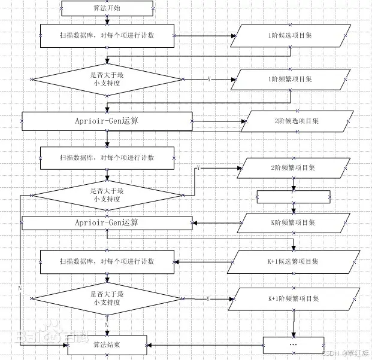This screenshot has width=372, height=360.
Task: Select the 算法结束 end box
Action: point(107,345)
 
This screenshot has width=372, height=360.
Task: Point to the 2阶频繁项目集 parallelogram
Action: point(294,168)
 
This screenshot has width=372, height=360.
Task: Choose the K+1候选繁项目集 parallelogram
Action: point(294,261)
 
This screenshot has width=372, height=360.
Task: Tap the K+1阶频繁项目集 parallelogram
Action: point(294,298)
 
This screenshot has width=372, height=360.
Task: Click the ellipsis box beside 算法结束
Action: point(294,345)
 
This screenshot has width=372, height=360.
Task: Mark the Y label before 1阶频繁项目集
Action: point(208,79)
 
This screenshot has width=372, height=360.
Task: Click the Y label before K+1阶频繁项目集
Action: point(208,298)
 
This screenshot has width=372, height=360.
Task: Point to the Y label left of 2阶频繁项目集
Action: point(198,168)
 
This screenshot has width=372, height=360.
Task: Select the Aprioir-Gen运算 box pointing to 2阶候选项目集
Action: point(107,121)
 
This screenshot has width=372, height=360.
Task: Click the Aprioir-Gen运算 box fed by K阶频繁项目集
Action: point(107,223)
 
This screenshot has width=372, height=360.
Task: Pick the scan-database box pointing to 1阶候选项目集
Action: point(107,36)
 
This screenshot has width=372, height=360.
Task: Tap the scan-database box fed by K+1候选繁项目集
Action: point(107,261)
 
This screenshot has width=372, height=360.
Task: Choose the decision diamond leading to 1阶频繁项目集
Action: point(107,79)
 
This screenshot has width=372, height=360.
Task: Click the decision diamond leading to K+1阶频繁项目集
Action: point(107,298)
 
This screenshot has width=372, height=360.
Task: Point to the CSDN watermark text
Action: point(347,353)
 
